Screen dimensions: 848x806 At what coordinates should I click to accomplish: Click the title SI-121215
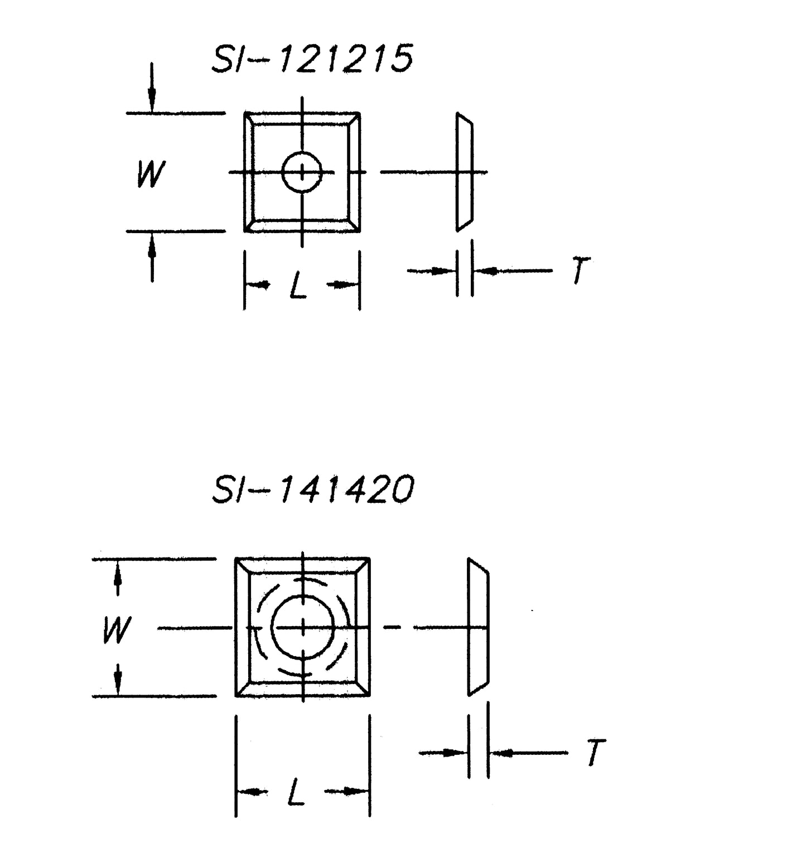pyautogui.click(x=312, y=59)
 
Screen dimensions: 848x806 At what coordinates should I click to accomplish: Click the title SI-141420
pyautogui.click(x=313, y=490)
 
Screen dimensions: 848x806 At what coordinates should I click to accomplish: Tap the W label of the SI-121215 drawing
pyautogui.click(x=151, y=174)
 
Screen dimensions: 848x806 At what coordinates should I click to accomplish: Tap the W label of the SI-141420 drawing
pyautogui.click(x=117, y=630)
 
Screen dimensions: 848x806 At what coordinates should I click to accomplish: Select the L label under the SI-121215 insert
pyautogui.click(x=298, y=287)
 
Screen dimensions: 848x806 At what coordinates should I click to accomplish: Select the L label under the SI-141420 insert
pyautogui.click(x=296, y=792)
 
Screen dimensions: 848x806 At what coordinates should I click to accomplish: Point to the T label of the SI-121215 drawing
pyautogui.click(x=581, y=272)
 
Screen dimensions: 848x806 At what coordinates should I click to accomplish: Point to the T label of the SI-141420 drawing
pyautogui.click(x=596, y=753)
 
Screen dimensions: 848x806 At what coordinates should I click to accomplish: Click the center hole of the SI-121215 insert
pyautogui.click(x=302, y=172)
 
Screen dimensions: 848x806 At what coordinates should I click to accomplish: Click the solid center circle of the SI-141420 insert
pyautogui.click(x=303, y=627)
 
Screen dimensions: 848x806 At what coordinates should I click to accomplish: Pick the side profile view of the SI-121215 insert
pyautogui.click(x=464, y=172)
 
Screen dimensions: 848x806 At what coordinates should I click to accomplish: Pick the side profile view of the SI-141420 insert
pyautogui.click(x=478, y=627)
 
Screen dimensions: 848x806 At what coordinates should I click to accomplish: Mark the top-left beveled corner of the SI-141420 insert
pyautogui.click(x=243, y=566)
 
